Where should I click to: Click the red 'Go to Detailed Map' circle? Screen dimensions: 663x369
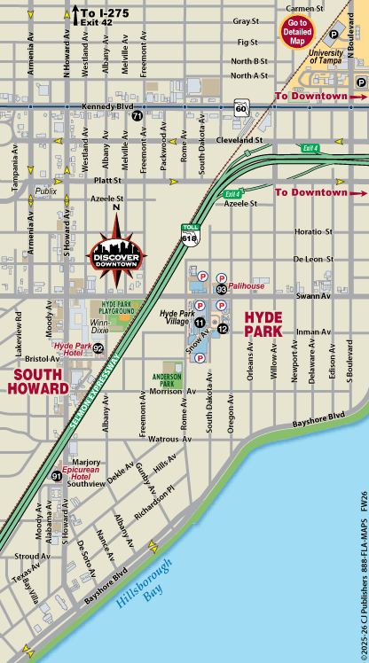point(297,33)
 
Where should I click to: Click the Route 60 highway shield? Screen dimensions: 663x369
point(240,107)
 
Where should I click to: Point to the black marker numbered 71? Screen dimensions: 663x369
point(137,116)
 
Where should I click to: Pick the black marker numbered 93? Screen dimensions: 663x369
point(221,288)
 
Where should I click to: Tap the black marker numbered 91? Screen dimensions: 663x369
point(57,477)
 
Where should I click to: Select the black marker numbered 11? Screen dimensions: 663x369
point(200,322)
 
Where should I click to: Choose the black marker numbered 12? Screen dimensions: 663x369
point(223,329)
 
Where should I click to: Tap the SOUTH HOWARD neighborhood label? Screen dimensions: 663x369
point(39,381)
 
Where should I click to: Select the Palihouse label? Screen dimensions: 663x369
point(247,287)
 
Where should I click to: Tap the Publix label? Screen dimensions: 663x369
point(46,191)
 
